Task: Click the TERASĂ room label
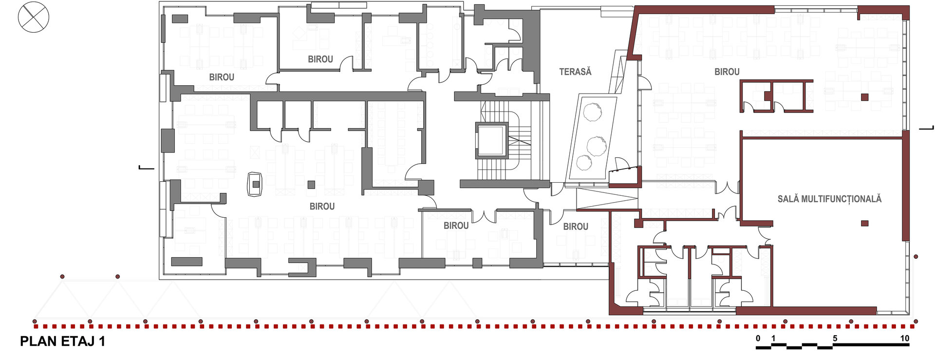click(x=575, y=72)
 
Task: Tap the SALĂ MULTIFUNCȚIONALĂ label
click(x=829, y=199)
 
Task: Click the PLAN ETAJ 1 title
click(x=62, y=341)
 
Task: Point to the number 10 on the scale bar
click(x=904, y=339)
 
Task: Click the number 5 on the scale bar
click(x=835, y=339)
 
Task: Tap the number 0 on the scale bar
click(x=758, y=339)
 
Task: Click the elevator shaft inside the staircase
click(x=492, y=140)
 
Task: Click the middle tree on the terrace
click(x=596, y=145)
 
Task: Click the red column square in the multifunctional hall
click(x=864, y=224)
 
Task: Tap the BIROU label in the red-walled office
click(x=727, y=72)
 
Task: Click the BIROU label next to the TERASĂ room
click(x=576, y=227)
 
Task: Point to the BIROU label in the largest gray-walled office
click(x=322, y=207)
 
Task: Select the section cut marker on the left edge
click(x=146, y=168)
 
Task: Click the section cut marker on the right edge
click(x=926, y=128)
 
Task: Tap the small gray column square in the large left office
click(x=311, y=185)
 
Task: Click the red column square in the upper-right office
click(x=864, y=97)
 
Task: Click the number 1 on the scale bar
click(x=773, y=339)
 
